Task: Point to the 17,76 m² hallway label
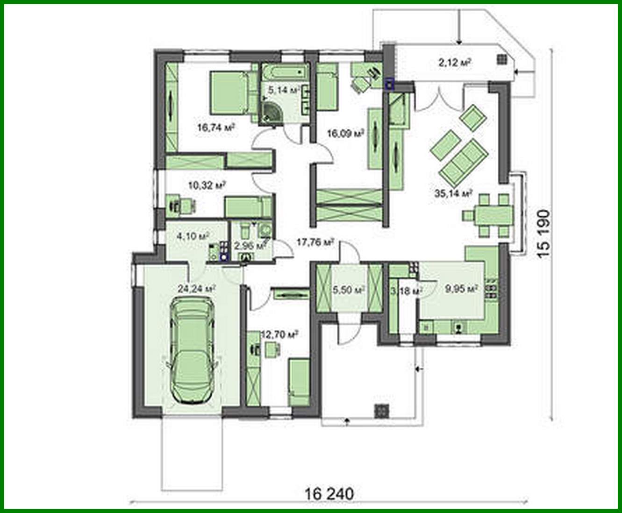315,242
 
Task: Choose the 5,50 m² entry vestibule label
349,290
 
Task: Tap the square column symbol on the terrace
501,59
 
